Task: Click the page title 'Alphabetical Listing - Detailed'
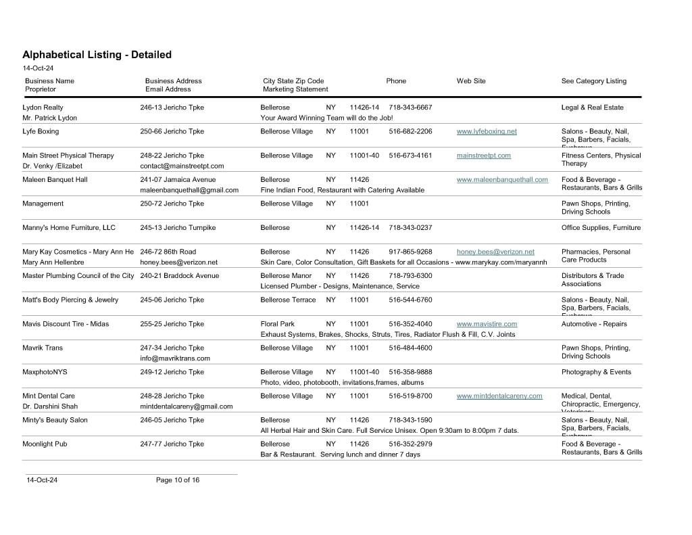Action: click(97, 55)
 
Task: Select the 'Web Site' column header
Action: click(470, 81)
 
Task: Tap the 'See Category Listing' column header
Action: click(593, 81)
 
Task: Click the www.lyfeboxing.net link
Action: click(487, 131)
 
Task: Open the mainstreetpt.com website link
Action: click(483, 156)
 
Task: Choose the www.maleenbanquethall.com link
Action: click(502, 180)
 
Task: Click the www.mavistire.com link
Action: click(487, 324)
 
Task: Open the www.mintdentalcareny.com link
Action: click(499, 396)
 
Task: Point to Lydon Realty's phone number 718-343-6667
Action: click(410, 108)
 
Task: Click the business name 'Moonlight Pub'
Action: click(45, 444)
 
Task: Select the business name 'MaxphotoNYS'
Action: click(45, 372)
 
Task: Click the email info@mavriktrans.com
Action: click(175, 358)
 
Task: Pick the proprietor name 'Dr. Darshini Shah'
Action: click(50, 406)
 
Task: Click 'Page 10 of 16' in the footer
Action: click(177, 480)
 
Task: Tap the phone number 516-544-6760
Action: click(410, 300)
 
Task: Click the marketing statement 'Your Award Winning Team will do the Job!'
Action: click(326, 118)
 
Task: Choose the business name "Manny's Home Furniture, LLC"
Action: click(69, 228)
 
